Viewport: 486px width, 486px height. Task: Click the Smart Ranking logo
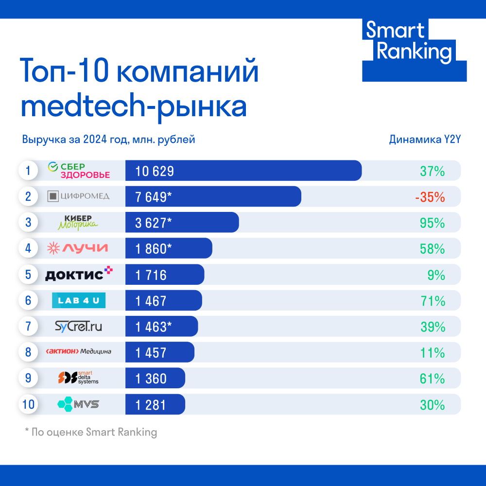(414, 50)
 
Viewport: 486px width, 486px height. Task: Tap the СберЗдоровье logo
(79, 171)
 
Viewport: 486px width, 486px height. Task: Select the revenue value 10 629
(155, 171)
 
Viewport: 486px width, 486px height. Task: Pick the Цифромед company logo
(78, 196)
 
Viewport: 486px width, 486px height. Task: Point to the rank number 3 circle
(28, 223)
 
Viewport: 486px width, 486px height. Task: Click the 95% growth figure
(433, 223)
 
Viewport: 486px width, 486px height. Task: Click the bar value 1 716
(151, 275)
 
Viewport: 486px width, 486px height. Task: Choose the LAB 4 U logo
(79, 300)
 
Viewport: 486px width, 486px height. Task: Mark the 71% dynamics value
(433, 301)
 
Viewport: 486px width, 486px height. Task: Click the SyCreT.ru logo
(79, 327)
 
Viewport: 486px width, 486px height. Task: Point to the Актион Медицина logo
(78, 352)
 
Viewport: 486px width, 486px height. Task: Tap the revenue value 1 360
(151, 379)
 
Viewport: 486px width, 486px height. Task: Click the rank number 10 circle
(28, 404)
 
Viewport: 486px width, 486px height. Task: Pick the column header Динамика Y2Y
(424, 139)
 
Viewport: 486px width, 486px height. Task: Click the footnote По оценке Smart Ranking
(91, 432)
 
